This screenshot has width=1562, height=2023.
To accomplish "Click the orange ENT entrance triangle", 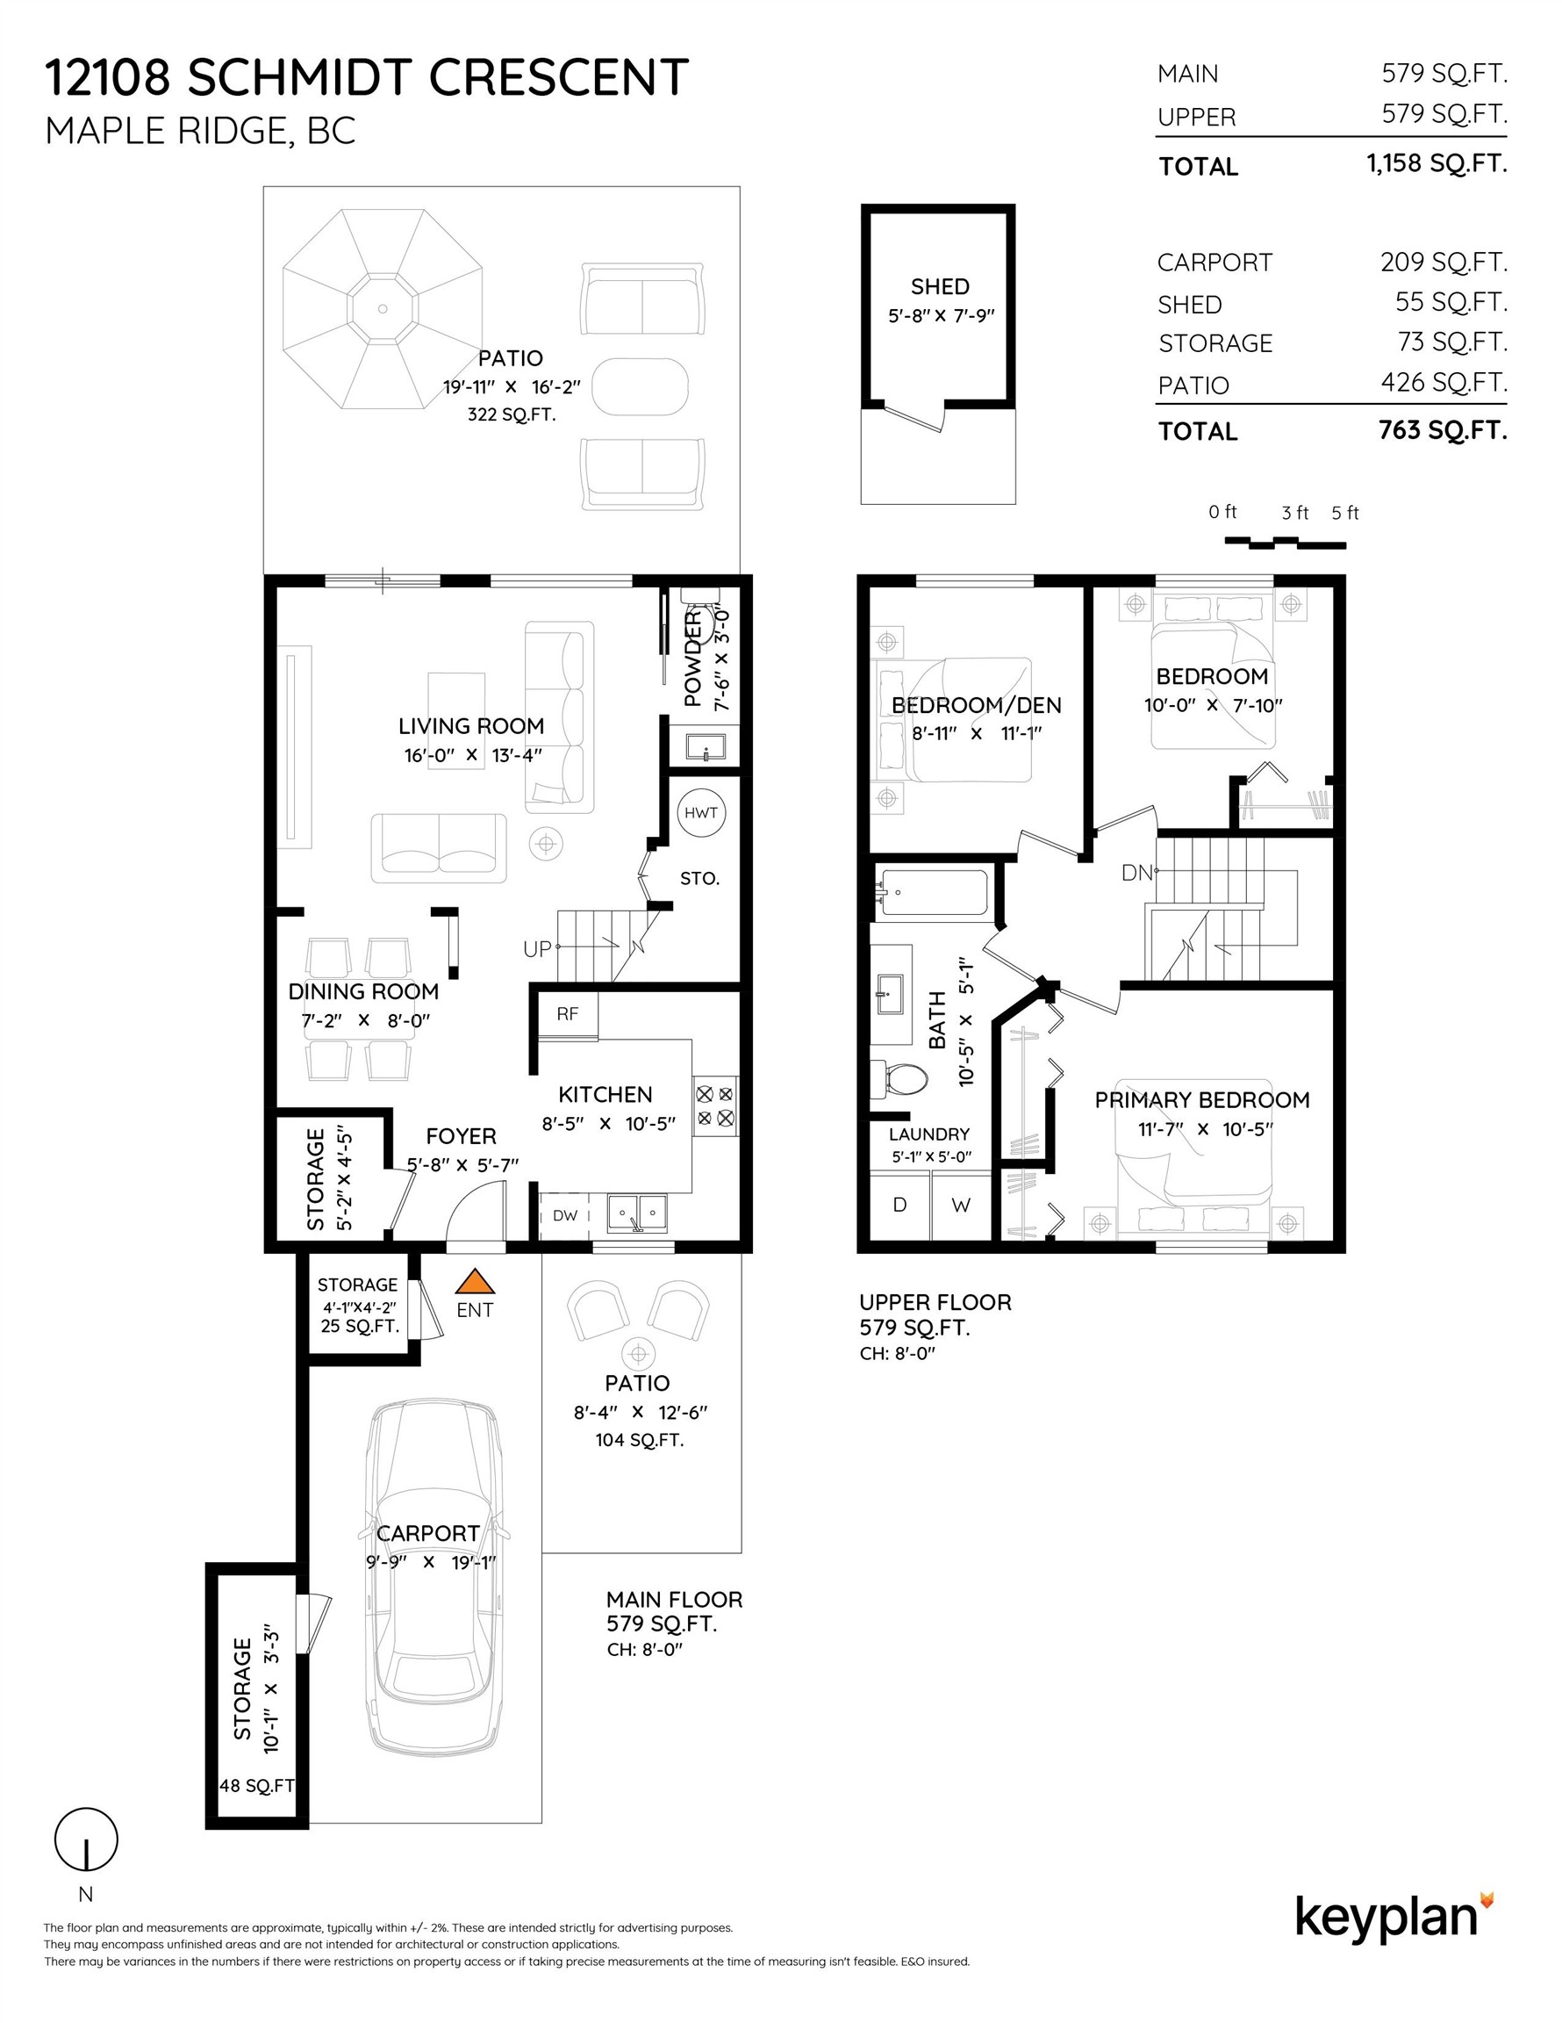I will coord(475,1282).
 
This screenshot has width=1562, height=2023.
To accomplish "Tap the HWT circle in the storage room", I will coord(701,813).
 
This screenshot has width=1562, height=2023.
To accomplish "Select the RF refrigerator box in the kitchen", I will coord(568,1014).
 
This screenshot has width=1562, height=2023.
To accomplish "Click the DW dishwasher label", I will coord(565,1216).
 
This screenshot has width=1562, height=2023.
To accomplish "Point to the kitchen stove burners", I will coord(715,1106).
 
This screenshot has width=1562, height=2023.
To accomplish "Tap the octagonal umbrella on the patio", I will coord(383,308).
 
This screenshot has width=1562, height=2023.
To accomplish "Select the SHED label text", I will coord(940,287).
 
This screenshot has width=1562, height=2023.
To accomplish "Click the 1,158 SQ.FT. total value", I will coord(1437,164).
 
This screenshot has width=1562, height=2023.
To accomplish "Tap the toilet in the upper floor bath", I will coord(901,1079).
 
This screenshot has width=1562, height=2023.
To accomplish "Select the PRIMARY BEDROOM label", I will coord(1202,1100).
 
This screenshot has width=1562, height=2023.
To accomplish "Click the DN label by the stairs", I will coord(1136,873).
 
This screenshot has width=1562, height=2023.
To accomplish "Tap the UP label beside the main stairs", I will coord(537,949).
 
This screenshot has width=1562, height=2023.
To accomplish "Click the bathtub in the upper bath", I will coord(933,893).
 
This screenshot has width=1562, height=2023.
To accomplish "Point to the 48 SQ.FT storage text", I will coord(256,1786).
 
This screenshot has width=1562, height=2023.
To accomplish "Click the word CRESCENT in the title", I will coord(558,78).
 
